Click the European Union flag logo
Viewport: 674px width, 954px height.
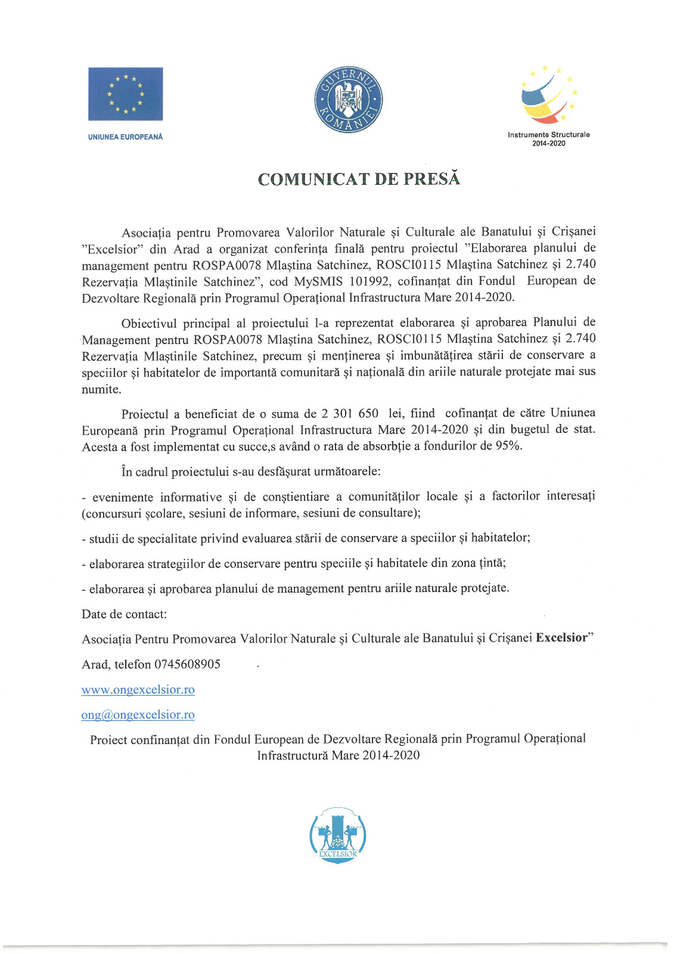[x=125, y=94]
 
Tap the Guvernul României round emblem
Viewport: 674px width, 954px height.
[x=348, y=100]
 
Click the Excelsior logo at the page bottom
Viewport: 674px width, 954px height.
[x=337, y=835]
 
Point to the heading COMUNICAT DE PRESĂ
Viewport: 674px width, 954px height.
[x=359, y=179]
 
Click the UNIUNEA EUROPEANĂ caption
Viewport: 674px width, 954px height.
[x=125, y=137]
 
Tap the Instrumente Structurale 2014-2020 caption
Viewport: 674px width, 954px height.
[x=548, y=139]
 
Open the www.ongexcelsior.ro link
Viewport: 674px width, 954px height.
[x=138, y=690]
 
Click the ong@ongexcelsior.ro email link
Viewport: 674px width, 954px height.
[x=138, y=715]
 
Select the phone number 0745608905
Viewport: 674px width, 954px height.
[x=187, y=664]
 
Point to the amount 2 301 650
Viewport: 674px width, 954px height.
[x=350, y=413]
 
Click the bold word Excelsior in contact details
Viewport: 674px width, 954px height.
[x=561, y=637]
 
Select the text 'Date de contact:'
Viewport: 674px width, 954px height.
[x=124, y=614]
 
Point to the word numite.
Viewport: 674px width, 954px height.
[x=101, y=389]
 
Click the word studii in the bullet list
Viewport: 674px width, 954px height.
[x=102, y=538]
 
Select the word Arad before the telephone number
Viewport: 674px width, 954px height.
[x=94, y=664]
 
